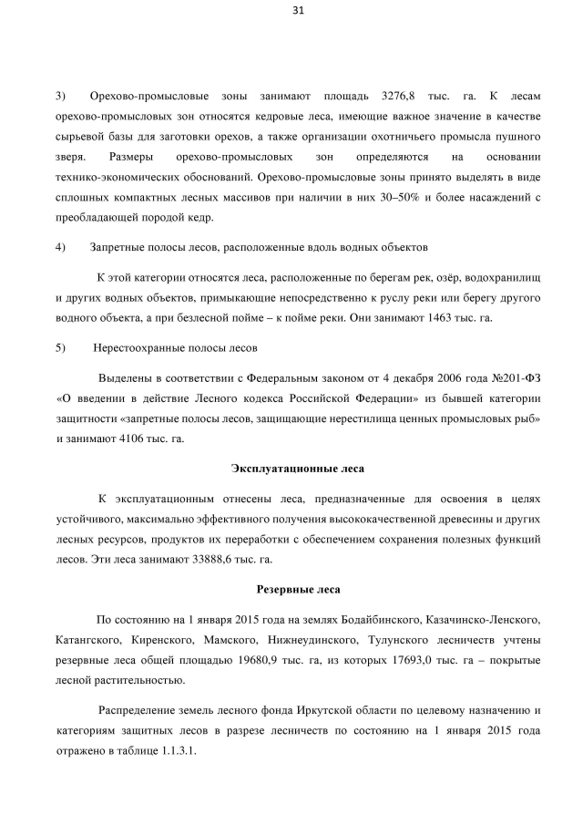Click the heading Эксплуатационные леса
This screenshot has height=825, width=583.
(298, 469)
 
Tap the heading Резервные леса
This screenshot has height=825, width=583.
(298, 589)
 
